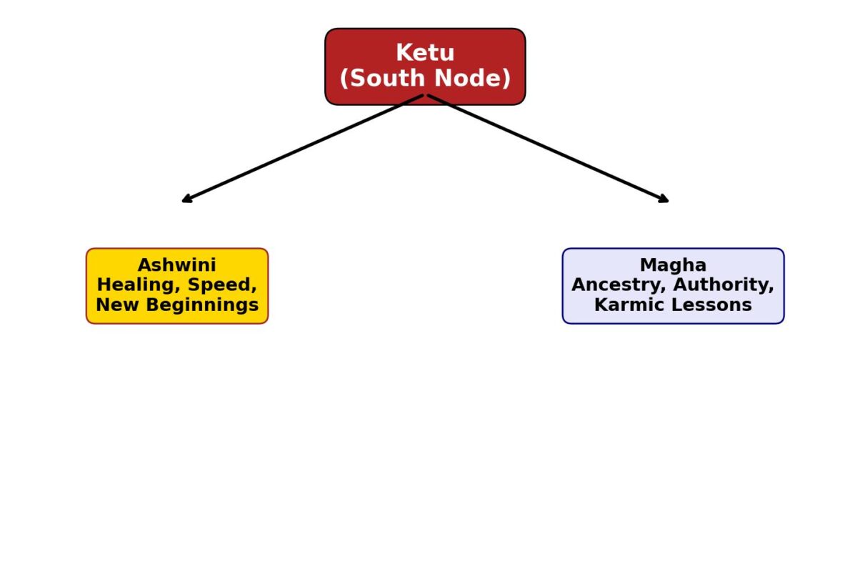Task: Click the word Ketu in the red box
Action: tap(425, 53)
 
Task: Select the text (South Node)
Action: tap(425, 79)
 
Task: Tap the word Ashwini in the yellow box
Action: tap(177, 265)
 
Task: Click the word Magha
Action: tap(673, 265)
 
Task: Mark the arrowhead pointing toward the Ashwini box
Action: tap(186, 200)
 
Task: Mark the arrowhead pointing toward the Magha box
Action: tap(665, 200)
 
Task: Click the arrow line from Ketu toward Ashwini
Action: tap(304, 148)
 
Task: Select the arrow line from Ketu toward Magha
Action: tap(546, 148)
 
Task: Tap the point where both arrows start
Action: tap(426, 95)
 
